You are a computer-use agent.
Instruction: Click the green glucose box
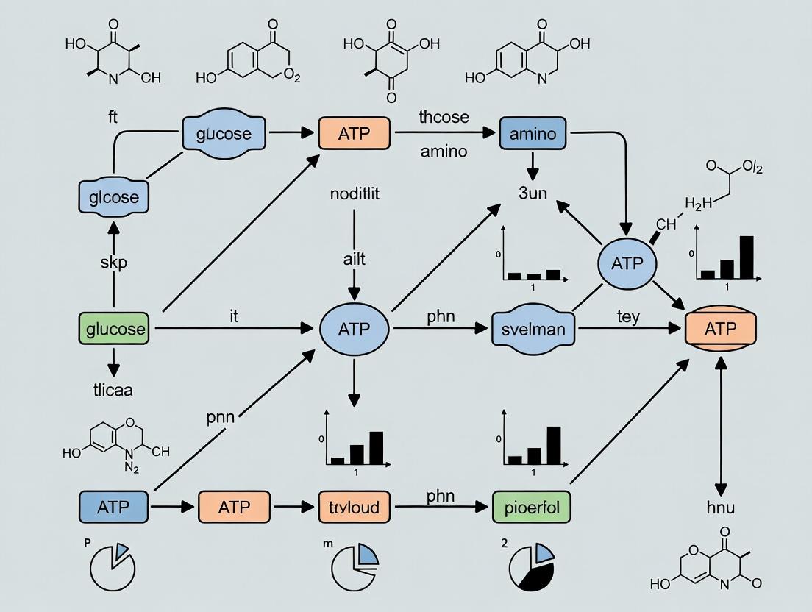point(113,329)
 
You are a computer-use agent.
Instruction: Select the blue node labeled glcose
point(113,197)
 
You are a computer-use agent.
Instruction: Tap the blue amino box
point(533,134)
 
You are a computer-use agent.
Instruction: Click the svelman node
point(533,329)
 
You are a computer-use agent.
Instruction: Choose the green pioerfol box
point(532,507)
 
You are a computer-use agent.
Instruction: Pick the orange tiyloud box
point(354,507)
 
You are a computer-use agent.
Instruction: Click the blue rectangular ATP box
point(113,507)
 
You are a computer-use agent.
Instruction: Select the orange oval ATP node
point(720,329)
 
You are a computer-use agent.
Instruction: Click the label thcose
point(444,117)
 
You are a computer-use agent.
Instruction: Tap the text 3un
point(533,194)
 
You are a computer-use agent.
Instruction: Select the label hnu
point(720,507)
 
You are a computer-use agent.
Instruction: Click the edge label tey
point(627,317)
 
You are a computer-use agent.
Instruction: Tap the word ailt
point(354,259)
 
